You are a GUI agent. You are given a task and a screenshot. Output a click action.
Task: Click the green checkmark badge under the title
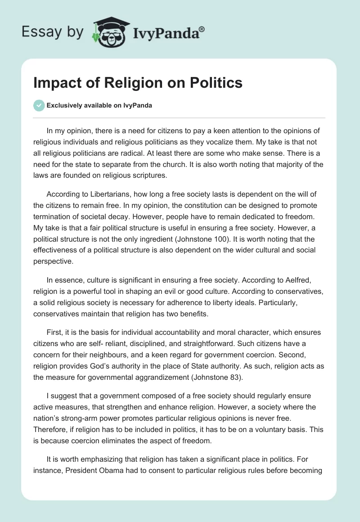[39, 105]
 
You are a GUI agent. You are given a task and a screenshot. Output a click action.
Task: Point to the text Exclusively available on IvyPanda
[99, 105]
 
